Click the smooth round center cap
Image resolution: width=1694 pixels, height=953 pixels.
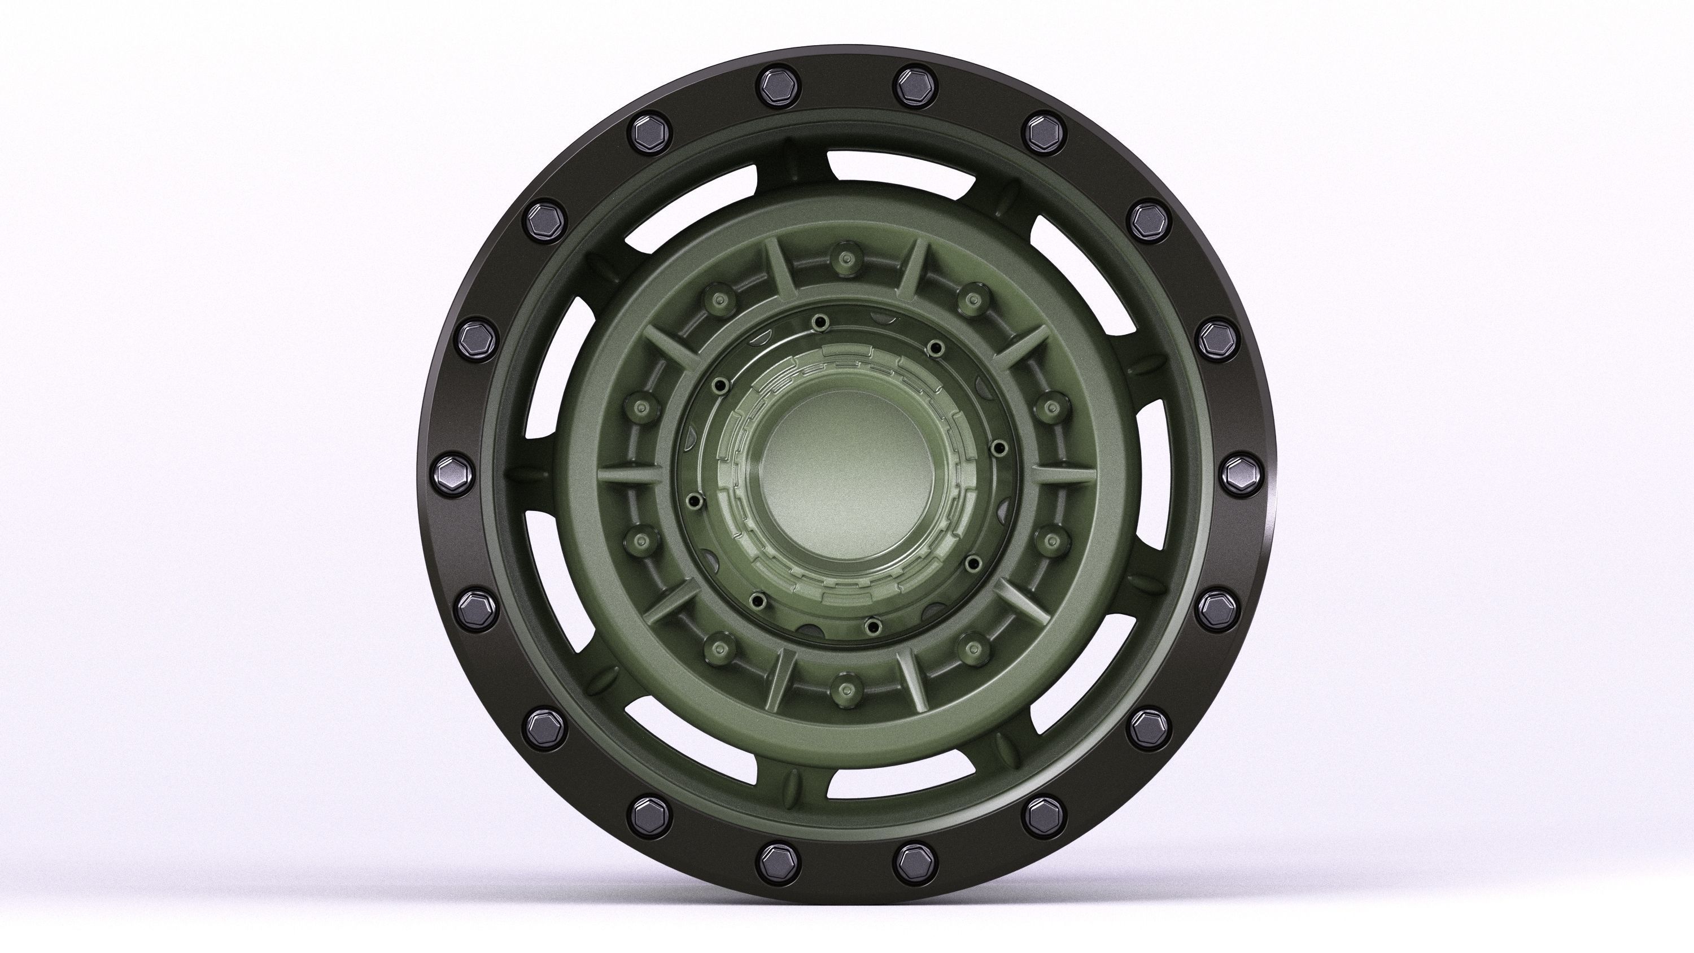tap(846, 474)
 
